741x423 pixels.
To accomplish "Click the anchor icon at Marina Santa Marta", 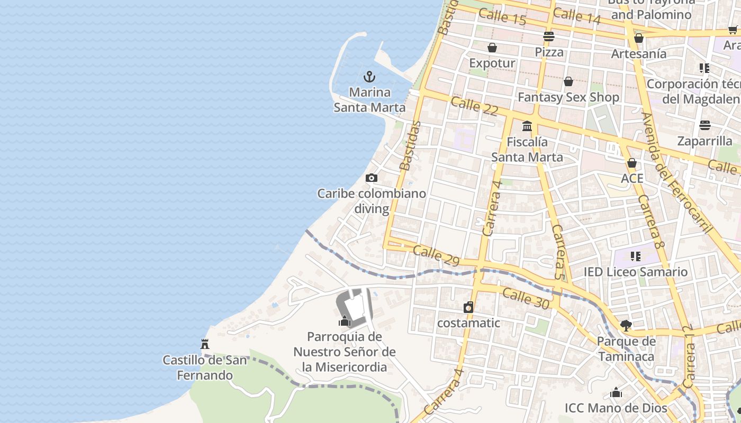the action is pyautogui.click(x=369, y=77).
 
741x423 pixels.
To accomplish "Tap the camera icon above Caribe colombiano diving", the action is pyautogui.click(x=372, y=178).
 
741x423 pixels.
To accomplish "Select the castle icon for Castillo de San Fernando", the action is pyautogui.click(x=205, y=344).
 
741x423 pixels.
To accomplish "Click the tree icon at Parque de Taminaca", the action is pyautogui.click(x=626, y=325).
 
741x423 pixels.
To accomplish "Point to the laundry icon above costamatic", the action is pyautogui.click(x=468, y=307).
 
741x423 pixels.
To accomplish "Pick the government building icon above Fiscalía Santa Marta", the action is pyautogui.click(x=527, y=126).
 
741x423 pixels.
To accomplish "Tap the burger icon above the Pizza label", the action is pyautogui.click(x=549, y=36).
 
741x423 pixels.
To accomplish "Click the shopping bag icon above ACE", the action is pyautogui.click(x=632, y=163).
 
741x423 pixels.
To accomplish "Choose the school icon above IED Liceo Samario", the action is pyautogui.click(x=635, y=256).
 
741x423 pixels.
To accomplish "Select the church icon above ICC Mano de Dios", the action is pyautogui.click(x=616, y=393).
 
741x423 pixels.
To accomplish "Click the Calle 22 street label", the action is pyautogui.click(x=475, y=106).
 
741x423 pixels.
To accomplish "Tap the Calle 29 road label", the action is pyautogui.click(x=436, y=255).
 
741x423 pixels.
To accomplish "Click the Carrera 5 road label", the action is pyautogui.click(x=559, y=252).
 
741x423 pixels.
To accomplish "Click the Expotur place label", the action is pyautogui.click(x=492, y=63).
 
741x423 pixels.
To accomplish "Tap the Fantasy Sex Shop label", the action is pyautogui.click(x=568, y=97).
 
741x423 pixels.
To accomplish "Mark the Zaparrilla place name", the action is pyautogui.click(x=704, y=141).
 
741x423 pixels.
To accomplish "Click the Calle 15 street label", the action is pyautogui.click(x=502, y=17).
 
